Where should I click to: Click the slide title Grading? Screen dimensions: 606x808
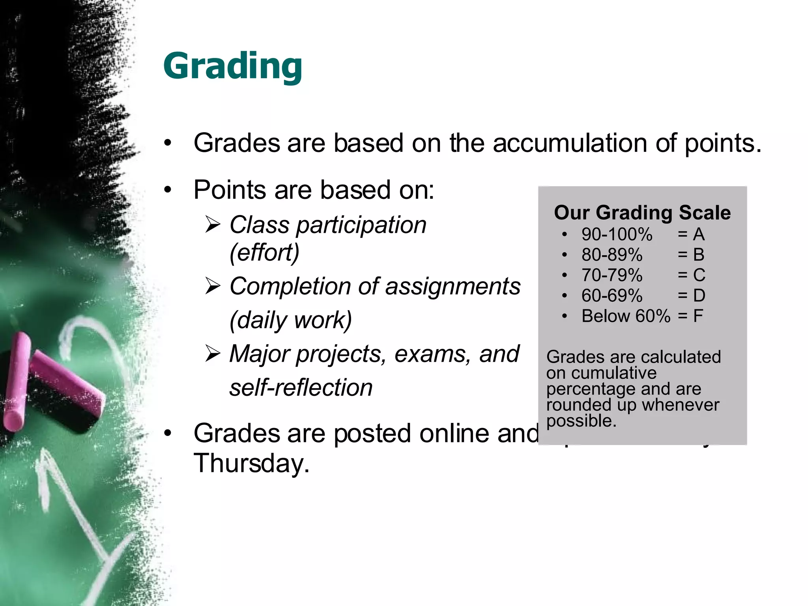(233, 66)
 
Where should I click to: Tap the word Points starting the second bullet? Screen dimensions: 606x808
(230, 190)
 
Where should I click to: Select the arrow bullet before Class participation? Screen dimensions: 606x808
(213, 225)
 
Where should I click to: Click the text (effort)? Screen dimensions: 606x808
(264, 252)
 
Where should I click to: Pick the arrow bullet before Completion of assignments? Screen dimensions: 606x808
(213, 286)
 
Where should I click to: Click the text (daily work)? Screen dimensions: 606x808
(290, 320)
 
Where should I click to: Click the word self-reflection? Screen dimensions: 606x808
(301, 387)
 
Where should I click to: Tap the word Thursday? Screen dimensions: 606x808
(251, 463)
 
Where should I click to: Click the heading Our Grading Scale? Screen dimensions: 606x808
(642, 213)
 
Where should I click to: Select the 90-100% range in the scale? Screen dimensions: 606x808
(617, 234)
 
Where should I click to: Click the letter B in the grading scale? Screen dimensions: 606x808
(699, 255)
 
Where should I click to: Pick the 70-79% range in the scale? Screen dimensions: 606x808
(612, 275)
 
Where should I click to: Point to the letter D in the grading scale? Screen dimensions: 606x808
(699, 296)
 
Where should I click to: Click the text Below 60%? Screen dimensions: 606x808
(625, 316)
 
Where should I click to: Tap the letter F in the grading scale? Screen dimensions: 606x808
(698, 316)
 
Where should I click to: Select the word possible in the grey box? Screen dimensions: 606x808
(581, 421)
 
